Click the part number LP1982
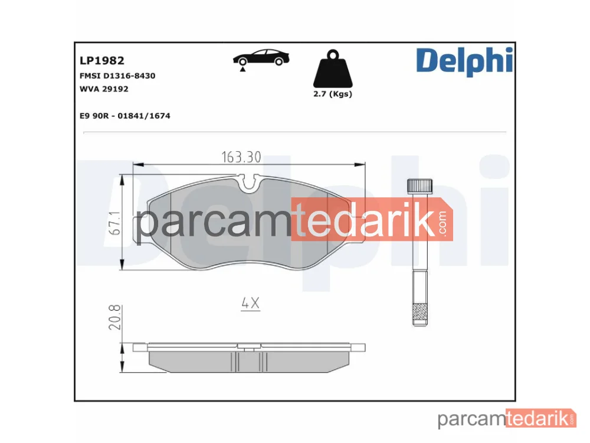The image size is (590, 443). [x=101, y=60]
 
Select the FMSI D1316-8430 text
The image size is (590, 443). [x=117, y=76]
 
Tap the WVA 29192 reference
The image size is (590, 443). [x=104, y=89]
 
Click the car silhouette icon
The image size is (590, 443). [x=261, y=57]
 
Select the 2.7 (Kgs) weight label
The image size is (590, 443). [x=333, y=94]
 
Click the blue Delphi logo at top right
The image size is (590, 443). [x=464, y=61]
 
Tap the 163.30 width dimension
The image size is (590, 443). [x=241, y=157]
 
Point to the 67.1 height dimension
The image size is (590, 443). [x=115, y=223]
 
